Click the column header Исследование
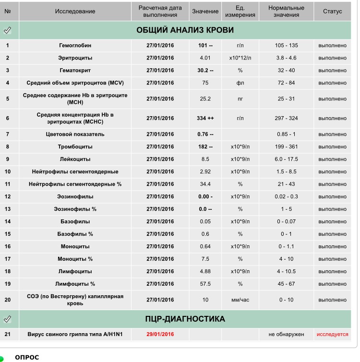pos(75,11)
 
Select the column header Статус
pos(332,11)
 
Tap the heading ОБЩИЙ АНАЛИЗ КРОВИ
pos(185,30)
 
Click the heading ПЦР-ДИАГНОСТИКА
pos(185,319)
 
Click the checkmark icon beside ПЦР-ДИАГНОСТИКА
pos(8,319)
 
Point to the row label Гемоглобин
pos(75,46)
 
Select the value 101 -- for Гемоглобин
pos(205,46)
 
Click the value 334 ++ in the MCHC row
pos(205,118)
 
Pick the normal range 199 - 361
pos(287,146)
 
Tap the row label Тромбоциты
pos(75,146)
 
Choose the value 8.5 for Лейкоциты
pos(205,159)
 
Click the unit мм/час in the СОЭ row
pos(240,300)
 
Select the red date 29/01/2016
pos(160,334)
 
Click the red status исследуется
pos(332,334)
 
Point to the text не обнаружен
pos(287,334)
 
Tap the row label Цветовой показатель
pos(75,134)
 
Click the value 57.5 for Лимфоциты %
pos(205,284)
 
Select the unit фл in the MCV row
pos(240,83)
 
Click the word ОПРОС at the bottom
pos(27,357)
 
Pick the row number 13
pos(8,209)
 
